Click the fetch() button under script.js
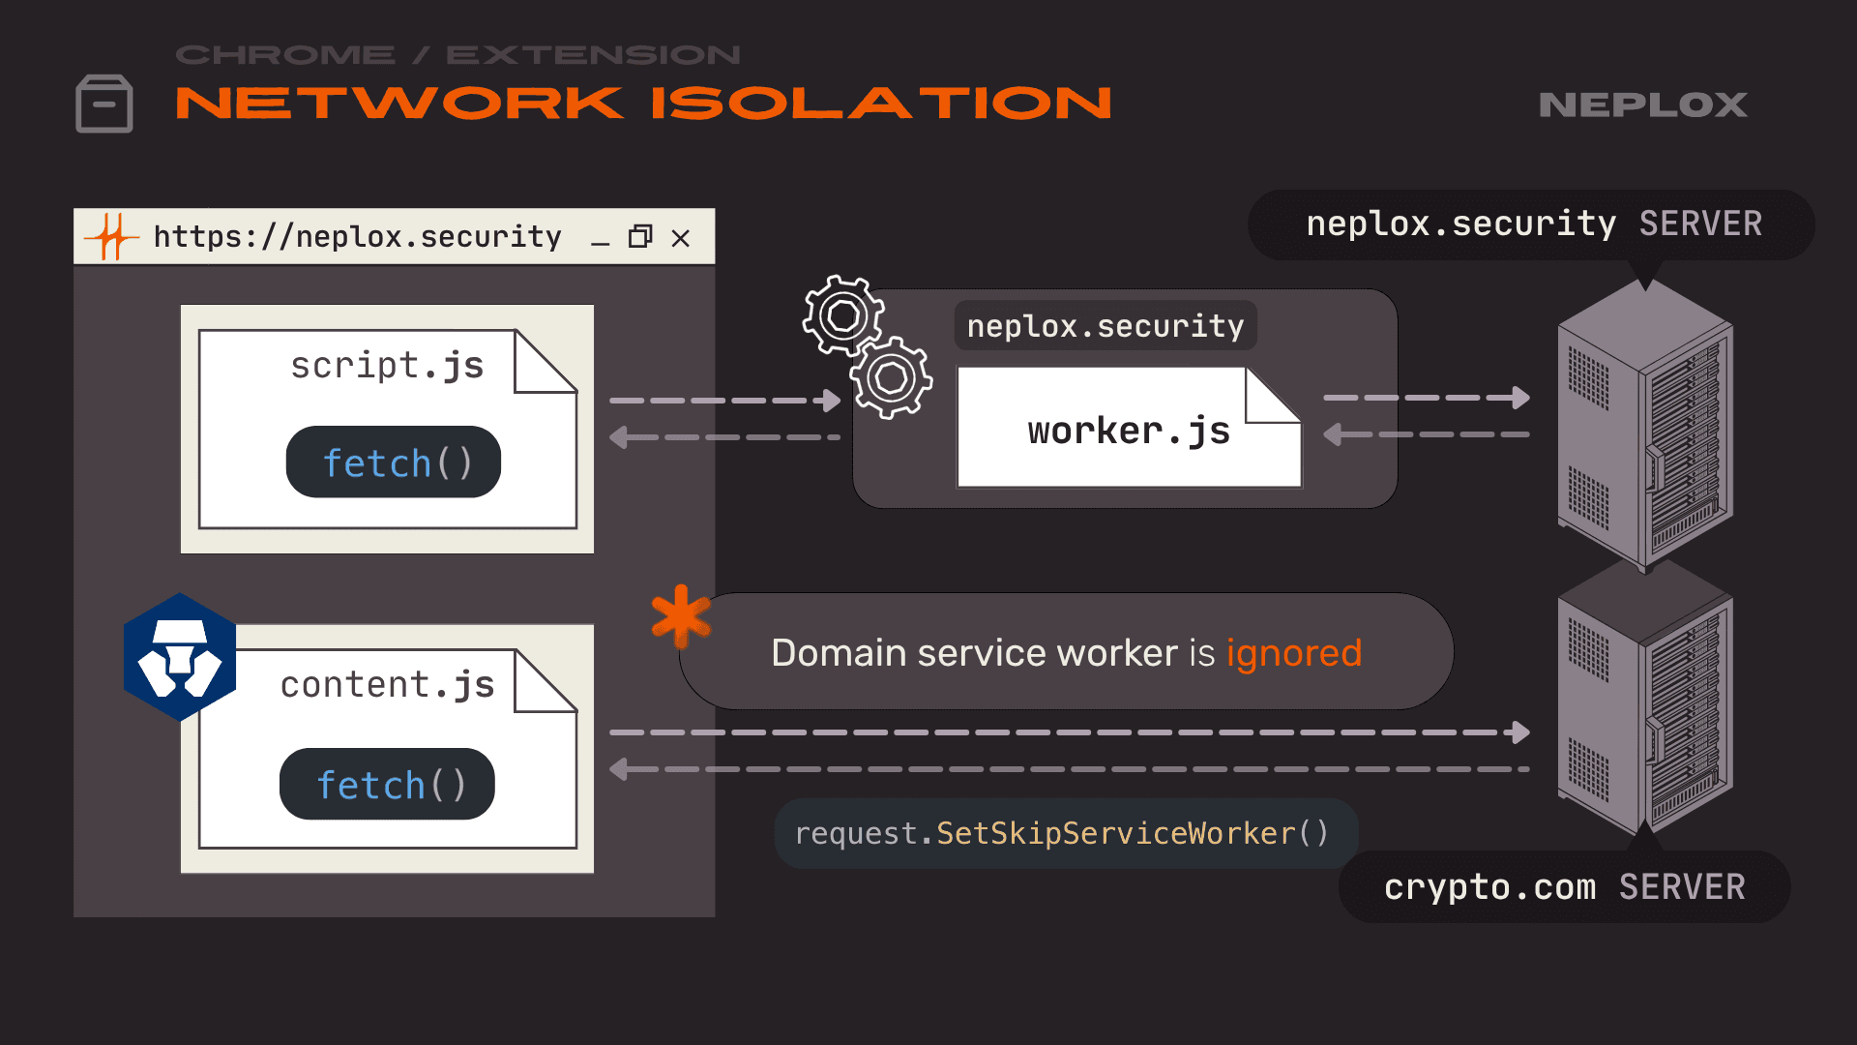pyautogui.click(x=394, y=463)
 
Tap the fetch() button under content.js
pyautogui.click(x=387, y=785)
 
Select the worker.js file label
pyautogui.click(x=1128, y=431)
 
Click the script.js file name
pyautogui.click(x=387, y=366)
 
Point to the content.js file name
pyautogui.click(x=387, y=685)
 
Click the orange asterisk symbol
pyautogui.click(x=680, y=616)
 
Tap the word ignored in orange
pyautogui.click(x=1293, y=653)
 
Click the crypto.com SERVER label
pyautogui.click(x=1564, y=887)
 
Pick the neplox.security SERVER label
pyautogui.click(x=1533, y=224)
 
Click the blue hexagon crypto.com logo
pyautogui.click(x=180, y=657)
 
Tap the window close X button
pyautogui.click(x=681, y=238)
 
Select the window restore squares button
pyautogui.click(x=640, y=237)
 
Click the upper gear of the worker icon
pyautogui.click(x=842, y=315)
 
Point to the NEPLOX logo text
pyautogui.click(x=1642, y=104)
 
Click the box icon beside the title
pyautogui.click(x=104, y=104)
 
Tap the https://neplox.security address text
pyautogui.click(x=357, y=237)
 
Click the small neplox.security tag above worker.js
pyautogui.click(x=1105, y=326)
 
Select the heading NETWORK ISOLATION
pyautogui.click(x=643, y=104)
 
